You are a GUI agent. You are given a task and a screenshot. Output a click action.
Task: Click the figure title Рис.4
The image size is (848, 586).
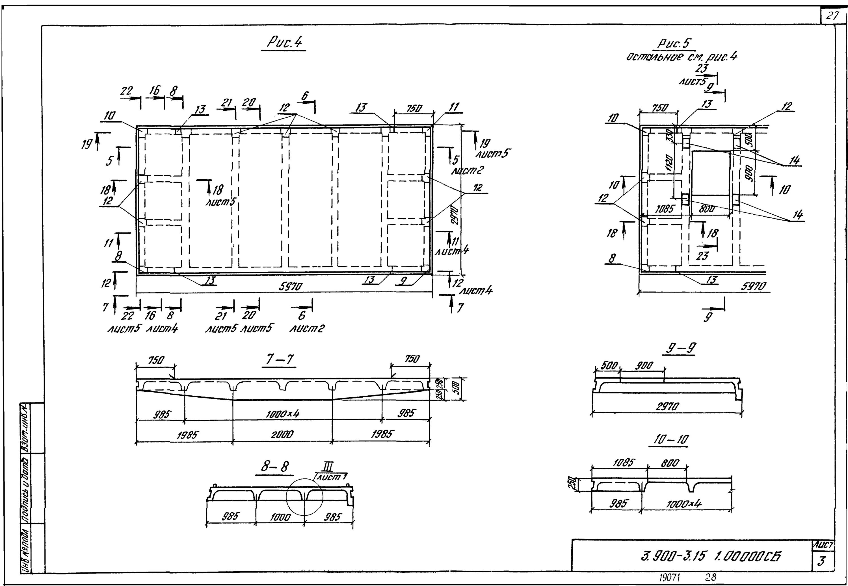(x=284, y=43)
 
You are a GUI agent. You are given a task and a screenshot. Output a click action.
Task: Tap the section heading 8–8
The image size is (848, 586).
(x=275, y=466)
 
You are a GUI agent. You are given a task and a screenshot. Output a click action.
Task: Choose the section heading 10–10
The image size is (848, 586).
(x=670, y=439)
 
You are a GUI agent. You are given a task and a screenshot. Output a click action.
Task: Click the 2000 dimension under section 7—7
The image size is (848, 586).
(x=282, y=434)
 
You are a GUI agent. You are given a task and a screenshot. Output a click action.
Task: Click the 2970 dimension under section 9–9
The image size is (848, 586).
(x=667, y=406)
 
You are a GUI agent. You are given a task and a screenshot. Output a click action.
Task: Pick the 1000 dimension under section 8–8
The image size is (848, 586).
(x=280, y=517)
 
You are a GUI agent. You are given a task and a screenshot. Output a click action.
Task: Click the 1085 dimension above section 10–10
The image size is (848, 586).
(x=624, y=463)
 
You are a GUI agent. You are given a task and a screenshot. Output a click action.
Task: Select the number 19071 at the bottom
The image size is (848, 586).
(x=669, y=578)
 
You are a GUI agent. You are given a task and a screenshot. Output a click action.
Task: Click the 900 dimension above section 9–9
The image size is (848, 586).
(x=644, y=365)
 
